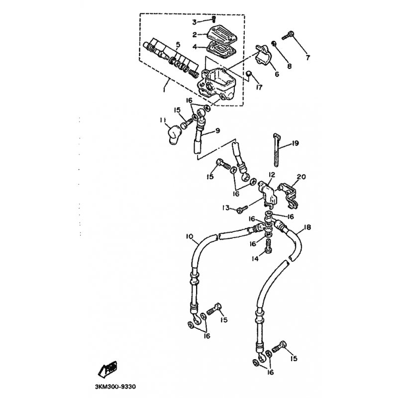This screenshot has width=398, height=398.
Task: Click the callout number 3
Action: (x=195, y=22)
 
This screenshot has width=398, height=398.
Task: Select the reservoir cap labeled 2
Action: (x=222, y=34)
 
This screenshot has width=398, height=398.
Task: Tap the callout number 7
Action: (x=308, y=58)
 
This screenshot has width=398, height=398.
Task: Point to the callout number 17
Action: (x=259, y=88)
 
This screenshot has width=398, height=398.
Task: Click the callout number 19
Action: (x=295, y=143)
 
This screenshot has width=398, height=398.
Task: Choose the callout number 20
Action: (x=301, y=177)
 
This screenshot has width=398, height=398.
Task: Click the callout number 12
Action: (x=272, y=175)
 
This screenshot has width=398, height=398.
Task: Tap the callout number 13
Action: (x=226, y=208)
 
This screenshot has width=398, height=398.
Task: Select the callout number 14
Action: (x=255, y=259)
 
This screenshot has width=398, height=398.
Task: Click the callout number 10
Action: (x=190, y=237)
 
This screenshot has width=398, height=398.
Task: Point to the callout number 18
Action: (x=307, y=227)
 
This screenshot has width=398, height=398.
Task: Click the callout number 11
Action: (x=163, y=119)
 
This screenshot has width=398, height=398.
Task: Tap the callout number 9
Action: (x=218, y=131)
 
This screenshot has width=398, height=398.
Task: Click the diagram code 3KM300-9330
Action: (x=115, y=387)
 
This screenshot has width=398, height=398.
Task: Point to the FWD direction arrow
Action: (x=107, y=368)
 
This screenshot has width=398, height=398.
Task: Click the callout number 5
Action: (x=178, y=45)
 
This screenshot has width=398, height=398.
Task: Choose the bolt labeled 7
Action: (x=288, y=36)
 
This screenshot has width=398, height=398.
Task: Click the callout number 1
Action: (x=164, y=90)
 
